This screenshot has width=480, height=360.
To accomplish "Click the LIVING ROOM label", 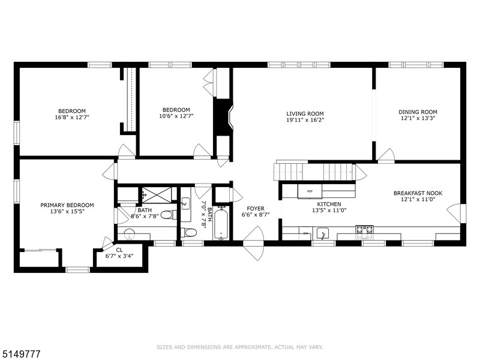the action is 305,113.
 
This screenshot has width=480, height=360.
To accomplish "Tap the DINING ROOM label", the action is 418,112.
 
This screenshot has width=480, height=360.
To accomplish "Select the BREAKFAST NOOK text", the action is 418,193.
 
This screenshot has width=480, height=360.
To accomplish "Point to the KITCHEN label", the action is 329,204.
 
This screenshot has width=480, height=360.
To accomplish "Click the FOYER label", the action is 256,209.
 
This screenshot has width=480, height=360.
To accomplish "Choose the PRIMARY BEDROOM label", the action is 67,205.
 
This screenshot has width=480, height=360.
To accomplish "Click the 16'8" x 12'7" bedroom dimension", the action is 72,117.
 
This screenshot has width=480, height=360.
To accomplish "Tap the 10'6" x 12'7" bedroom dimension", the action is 176,116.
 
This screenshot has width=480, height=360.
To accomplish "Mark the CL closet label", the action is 119,250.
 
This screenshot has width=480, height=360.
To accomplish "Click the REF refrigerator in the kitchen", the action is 310,191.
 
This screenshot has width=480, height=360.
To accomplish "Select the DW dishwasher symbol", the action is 305,233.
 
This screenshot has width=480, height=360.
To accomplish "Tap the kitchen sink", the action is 322,233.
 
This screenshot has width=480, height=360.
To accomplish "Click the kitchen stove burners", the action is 364,232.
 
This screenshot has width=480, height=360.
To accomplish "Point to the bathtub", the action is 220,223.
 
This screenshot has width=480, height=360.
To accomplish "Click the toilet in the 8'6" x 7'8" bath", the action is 169,215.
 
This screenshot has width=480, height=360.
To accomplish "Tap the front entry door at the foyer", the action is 254,243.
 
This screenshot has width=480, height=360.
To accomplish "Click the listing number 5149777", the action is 20,354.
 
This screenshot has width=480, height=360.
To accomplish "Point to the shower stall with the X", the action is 157,194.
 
